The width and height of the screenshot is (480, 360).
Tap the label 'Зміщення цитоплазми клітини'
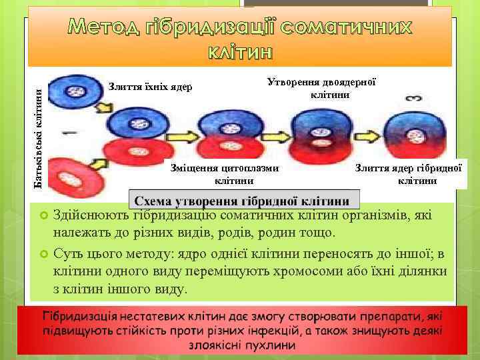[x=224, y=175]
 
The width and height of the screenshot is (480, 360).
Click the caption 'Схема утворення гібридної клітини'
[x=243, y=201]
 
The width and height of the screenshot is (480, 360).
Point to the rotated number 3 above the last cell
[x=413, y=98]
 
